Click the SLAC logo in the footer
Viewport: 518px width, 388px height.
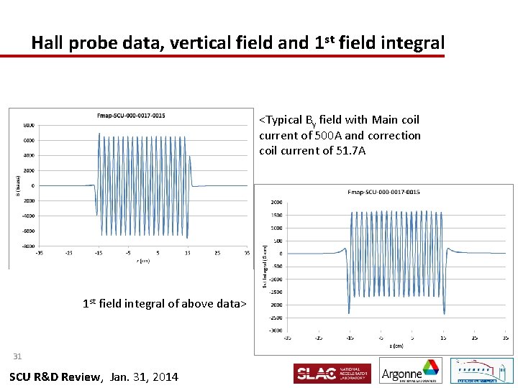coord(332,373)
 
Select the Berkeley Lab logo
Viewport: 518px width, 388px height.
coord(481,371)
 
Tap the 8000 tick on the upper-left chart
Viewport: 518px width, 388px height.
coord(27,125)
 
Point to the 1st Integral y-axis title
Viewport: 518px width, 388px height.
coord(265,267)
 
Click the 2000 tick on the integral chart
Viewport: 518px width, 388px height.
coord(276,203)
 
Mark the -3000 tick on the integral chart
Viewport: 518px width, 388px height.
coord(275,331)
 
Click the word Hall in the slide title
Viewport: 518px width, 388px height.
coord(49,42)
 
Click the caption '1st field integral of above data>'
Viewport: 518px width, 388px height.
coord(165,303)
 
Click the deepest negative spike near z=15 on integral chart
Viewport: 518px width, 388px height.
coord(444,313)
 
